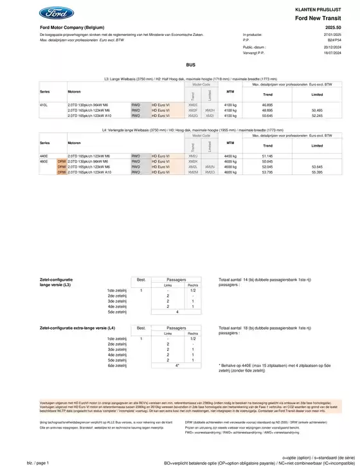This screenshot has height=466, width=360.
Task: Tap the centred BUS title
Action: coord(190,65)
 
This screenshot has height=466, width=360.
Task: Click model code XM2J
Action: coord(192,156)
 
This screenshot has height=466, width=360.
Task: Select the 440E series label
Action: coord(44,156)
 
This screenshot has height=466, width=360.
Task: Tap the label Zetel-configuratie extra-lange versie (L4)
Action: coord(77,328)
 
